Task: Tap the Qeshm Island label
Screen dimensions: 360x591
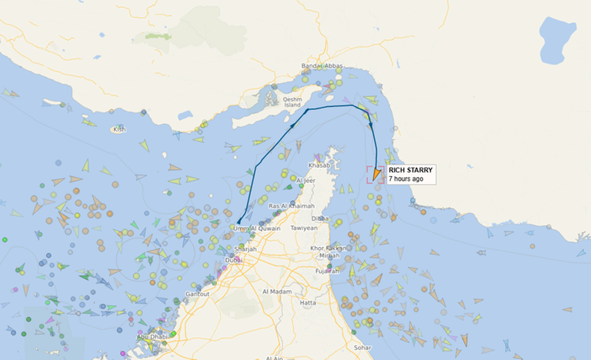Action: click(292, 102)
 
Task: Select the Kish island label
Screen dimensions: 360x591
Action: click(119, 129)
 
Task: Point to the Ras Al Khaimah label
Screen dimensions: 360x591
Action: click(290, 207)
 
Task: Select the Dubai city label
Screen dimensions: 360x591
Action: click(233, 260)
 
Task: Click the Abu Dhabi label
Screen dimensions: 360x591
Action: click(152, 337)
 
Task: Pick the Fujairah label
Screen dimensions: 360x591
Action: click(327, 271)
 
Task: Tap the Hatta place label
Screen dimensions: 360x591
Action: click(308, 302)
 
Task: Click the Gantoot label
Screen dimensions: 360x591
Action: click(198, 294)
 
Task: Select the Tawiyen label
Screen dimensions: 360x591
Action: click(304, 228)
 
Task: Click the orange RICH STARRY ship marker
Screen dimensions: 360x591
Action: click(376, 175)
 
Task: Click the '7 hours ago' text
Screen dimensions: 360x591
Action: click(406, 178)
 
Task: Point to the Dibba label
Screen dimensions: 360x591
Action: click(342, 218)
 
